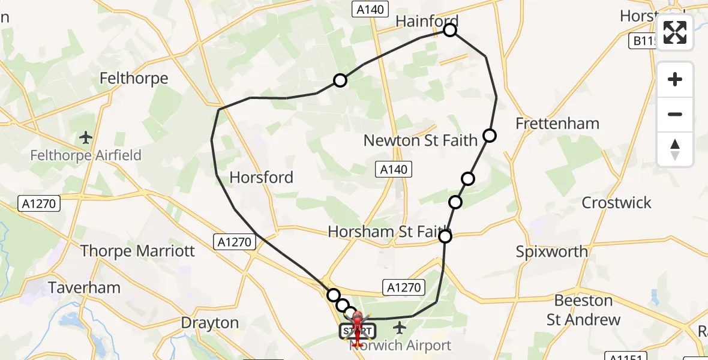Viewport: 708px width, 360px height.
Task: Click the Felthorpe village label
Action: coord(134,78)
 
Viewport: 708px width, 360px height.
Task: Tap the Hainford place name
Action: coord(427,21)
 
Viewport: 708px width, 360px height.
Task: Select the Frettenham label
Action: coord(557,124)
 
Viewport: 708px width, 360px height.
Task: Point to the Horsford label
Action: coord(262,177)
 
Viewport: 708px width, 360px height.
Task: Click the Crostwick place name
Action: coord(616,202)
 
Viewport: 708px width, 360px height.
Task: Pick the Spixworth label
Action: coord(552,251)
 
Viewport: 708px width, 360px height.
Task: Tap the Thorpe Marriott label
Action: coord(137,250)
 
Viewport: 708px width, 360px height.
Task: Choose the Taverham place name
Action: coord(85,287)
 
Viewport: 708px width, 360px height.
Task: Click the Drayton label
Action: coord(210,323)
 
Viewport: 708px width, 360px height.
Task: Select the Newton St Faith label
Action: coord(421,140)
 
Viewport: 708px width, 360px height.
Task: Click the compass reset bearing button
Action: coord(675,149)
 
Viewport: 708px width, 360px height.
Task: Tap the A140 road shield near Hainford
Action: coord(370,8)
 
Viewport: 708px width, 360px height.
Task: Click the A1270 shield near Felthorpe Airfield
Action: coord(40,203)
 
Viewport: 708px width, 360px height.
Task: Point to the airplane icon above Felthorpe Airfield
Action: coord(86,137)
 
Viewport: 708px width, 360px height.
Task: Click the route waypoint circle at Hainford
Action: coord(450,30)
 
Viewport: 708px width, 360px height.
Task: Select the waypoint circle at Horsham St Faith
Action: coord(445,237)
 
